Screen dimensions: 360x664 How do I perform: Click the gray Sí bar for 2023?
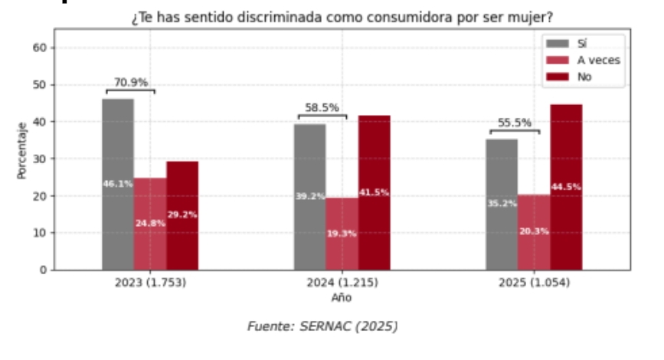(118, 184)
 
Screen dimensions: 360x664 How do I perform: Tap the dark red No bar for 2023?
(182, 215)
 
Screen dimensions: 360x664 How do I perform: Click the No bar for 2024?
(374, 192)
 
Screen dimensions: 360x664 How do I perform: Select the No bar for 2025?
(566, 187)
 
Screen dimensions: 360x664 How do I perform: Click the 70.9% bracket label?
(131, 82)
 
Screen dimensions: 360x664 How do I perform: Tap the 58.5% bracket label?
(322, 108)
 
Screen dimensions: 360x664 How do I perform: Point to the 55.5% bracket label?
(515, 122)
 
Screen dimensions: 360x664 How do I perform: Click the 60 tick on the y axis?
(41, 47)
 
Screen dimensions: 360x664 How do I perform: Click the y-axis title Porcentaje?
(22, 149)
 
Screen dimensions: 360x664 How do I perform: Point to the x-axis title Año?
(342, 297)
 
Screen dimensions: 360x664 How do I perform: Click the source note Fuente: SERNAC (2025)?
(322, 326)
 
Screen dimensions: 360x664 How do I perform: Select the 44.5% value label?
(566, 187)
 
